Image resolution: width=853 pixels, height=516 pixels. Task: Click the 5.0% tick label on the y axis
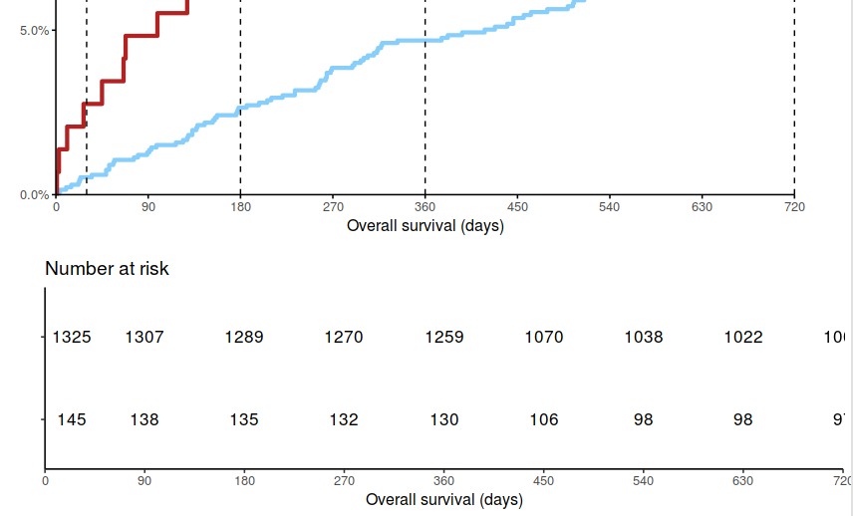pyautogui.click(x=34, y=30)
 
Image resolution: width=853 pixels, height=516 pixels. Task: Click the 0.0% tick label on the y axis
pyautogui.click(x=34, y=195)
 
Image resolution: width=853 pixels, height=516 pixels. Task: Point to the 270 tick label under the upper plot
pyautogui.click(x=333, y=207)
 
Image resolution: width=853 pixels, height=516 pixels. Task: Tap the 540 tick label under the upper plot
pyautogui.click(x=610, y=207)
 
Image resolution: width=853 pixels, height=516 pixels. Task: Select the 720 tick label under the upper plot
pyautogui.click(x=794, y=207)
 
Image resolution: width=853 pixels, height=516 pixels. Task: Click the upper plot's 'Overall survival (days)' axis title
pyautogui.click(x=426, y=226)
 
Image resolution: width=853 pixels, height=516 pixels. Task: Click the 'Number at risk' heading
pyautogui.click(x=107, y=269)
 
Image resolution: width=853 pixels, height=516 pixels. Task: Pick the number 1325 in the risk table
pyautogui.click(x=72, y=338)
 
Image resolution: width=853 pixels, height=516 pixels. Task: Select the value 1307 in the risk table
pyautogui.click(x=144, y=338)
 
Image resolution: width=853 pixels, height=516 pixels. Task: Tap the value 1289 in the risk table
pyautogui.click(x=244, y=338)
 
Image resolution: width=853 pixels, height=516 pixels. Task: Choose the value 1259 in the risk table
pyautogui.click(x=444, y=338)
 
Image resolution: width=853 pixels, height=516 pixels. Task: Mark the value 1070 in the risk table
pyautogui.click(x=544, y=338)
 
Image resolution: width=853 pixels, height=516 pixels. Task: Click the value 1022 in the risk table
pyautogui.click(x=743, y=338)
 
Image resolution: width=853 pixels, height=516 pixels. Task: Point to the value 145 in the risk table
pyautogui.click(x=72, y=420)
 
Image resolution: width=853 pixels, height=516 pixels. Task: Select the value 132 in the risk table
pyautogui.click(x=344, y=420)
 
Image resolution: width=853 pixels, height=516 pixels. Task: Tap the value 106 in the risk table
pyautogui.click(x=544, y=420)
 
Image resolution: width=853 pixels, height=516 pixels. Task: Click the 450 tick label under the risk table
pyautogui.click(x=544, y=481)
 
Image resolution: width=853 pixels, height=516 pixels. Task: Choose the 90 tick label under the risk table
pyautogui.click(x=144, y=481)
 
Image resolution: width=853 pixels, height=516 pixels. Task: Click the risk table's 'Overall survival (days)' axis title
pyautogui.click(x=444, y=500)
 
